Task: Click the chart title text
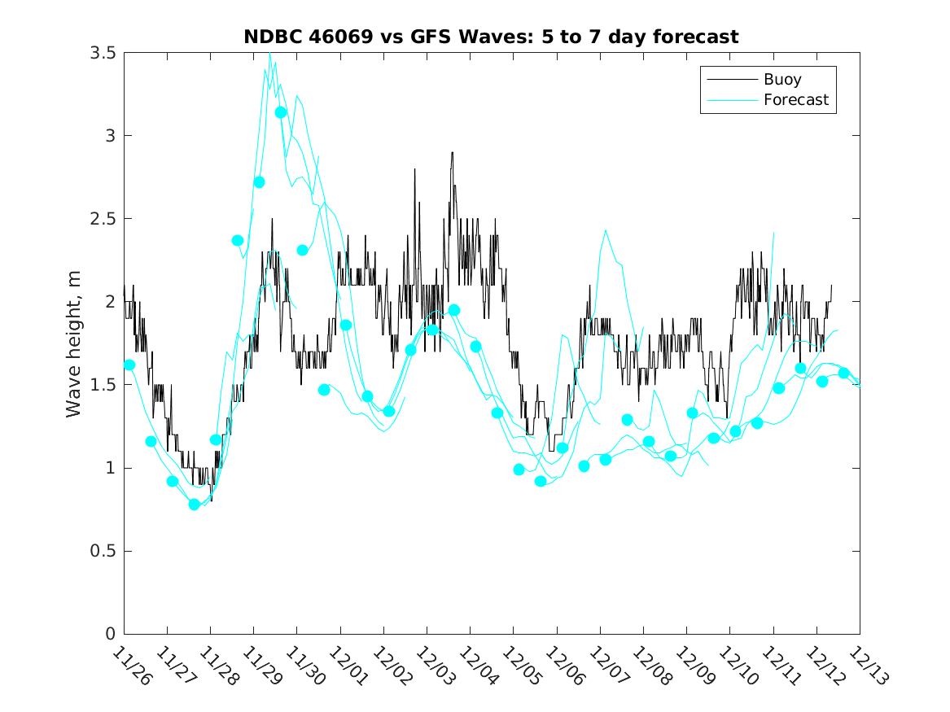pyautogui.click(x=491, y=37)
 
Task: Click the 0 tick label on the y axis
pyautogui.click(x=110, y=634)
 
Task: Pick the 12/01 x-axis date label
pyautogui.click(x=348, y=666)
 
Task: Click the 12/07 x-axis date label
pyautogui.click(x=607, y=666)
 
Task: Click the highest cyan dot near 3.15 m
pyautogui.click(x=281, y=112)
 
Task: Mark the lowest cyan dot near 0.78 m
pyautogui.click(x=194, y=505)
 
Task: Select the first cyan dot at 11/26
pyautogui.click(x=129, y=365)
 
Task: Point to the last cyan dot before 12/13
pyautogui.click(x=843, y=373)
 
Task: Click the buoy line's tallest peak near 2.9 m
pyautogui.click(x=452, y=153)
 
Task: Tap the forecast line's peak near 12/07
pyautogui.click(x=606, y=230)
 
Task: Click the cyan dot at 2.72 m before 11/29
pyautogui.click(x=259, y=182)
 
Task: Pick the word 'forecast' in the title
pyautogui.click(x=699, y=37)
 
